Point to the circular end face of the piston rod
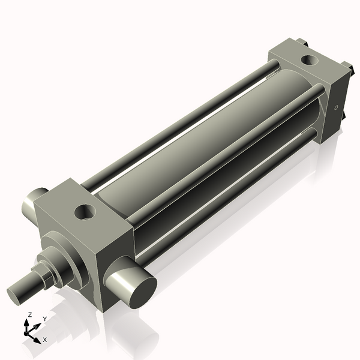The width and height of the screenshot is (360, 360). click(x=16, y=294)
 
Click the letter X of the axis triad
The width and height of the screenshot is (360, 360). click(x=44, y=340)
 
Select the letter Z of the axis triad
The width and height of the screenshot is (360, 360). click(x=30, y=314)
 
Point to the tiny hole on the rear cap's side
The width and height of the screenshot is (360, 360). click(x=337, y=108)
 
